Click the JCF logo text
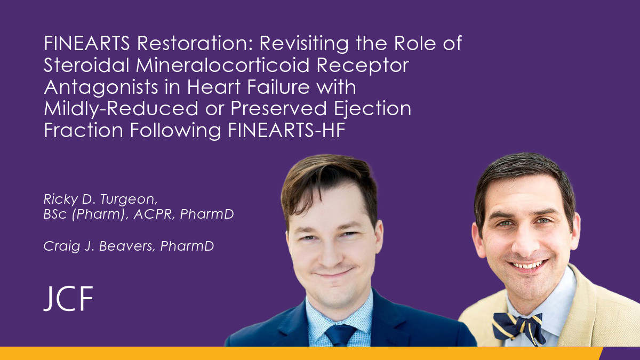68,299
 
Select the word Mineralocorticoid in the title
222,65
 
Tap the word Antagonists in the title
100,87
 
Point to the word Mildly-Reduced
121,109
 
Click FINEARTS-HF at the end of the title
286,130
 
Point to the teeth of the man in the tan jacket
527,266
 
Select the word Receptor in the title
363,66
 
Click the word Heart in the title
213,87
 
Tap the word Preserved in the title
278,109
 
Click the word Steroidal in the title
86,65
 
